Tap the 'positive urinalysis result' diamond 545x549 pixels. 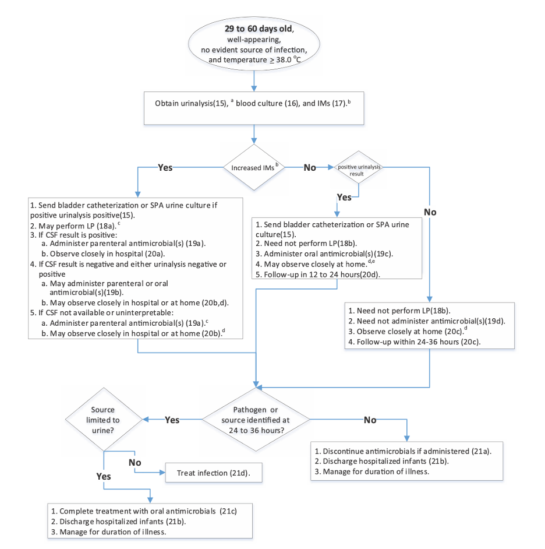(x=358, y=168)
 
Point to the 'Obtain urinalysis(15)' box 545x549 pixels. (x=254, y=107)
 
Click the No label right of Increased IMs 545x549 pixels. (x=310, y=167)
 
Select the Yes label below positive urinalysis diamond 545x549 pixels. (x=344, y=197)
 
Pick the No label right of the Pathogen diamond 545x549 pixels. (x=370, y=420)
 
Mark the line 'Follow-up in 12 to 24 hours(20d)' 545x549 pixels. (x=323, y=274)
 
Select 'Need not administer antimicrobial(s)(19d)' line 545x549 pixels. (x=426, y=321)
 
